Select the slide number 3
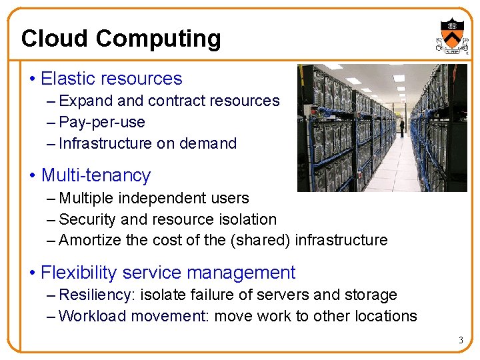460,341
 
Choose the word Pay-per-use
102,122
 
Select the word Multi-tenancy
96,175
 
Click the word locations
383,316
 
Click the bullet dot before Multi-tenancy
33,176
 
